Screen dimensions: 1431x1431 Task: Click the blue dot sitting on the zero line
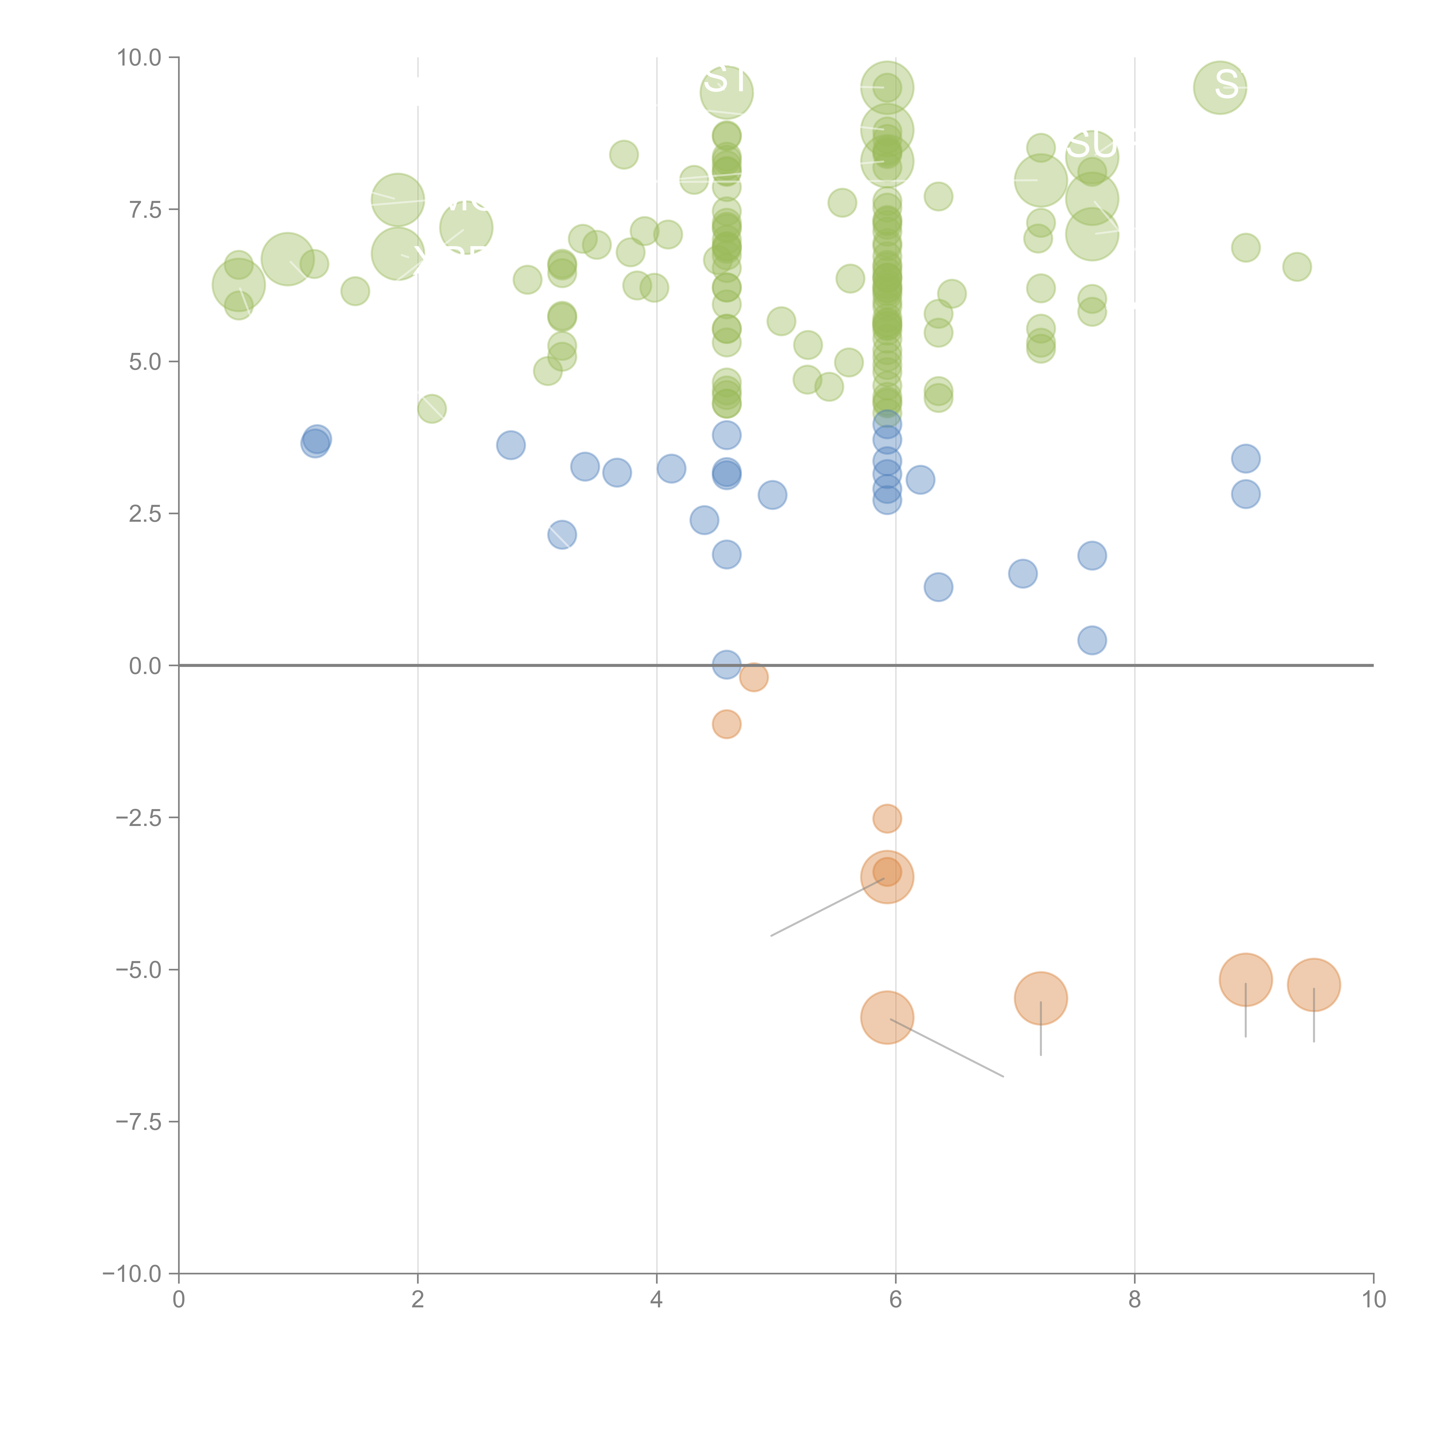tap(727, 664)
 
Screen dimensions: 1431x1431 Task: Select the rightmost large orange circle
tap(1314, 984)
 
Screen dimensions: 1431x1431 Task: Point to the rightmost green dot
tap(1297, 267)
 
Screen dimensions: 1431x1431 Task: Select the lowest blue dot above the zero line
tap(1092, 640)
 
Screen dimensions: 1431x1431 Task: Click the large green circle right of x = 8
tap(1220, 87)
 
